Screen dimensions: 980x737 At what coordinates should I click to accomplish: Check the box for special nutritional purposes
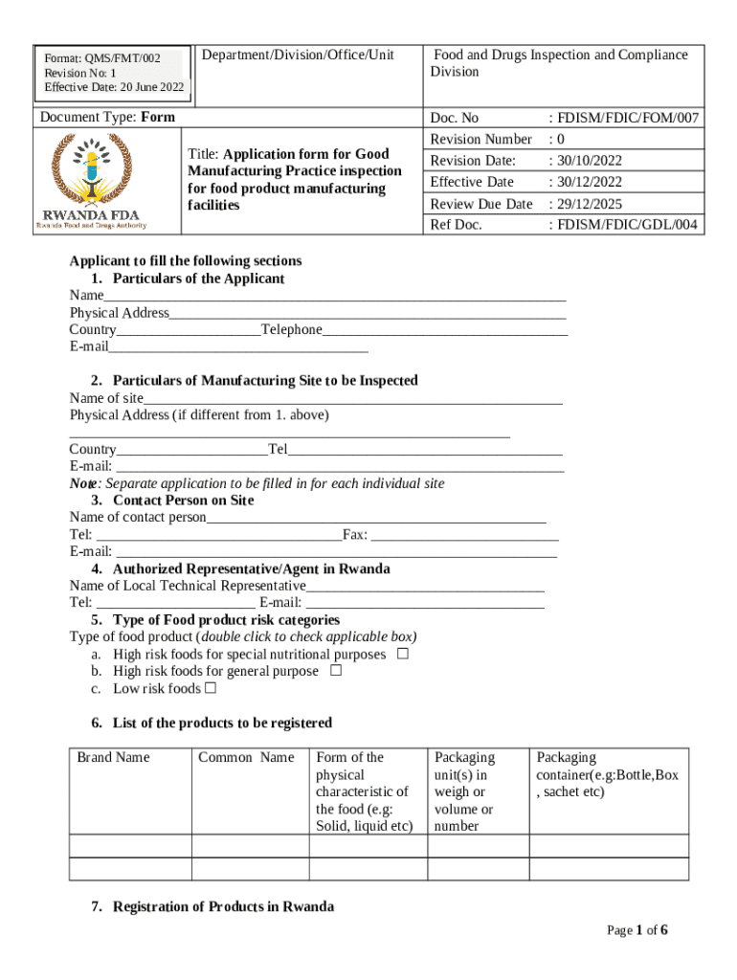click(x=403, y=654)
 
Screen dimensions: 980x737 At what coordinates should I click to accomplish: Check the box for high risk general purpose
click(x=335, y=671)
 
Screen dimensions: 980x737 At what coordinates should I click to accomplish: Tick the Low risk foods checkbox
click(x=210, y=688)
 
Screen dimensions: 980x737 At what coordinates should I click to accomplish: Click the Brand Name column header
click(x=114, y=757)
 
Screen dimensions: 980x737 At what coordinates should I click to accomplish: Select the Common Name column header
click(x=246, y=757)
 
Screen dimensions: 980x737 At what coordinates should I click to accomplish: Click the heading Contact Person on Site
click(x=183, y=501)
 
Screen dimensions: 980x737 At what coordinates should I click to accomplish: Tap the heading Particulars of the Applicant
click(x=198, y=278)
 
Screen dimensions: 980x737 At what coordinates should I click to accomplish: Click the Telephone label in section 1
click(x=292, y=329)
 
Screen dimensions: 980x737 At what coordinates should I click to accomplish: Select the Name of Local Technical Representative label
click(x=188, y=586)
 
